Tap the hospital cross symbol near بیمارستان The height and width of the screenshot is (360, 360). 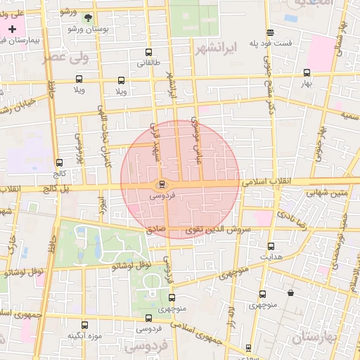click(13, 29)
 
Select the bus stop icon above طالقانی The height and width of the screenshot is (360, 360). click(148, 52)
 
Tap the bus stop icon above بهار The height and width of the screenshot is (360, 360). click(306, 72)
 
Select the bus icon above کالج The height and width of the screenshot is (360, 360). click(59, 162)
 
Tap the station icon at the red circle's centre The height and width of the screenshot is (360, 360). click(162, 185)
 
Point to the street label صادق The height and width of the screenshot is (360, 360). click(155, 229)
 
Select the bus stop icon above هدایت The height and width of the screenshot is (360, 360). click(271, 246)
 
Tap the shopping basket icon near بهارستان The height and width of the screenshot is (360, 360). click(290, 293)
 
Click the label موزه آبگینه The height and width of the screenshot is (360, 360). click(85, 335)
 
